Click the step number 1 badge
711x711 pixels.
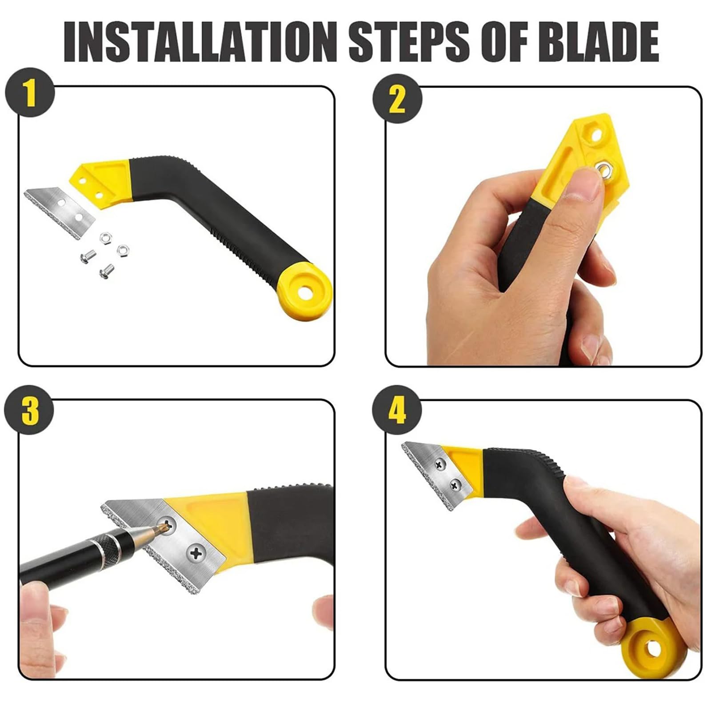click(x=30, y=92)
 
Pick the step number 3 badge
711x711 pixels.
click(x=30, y=411)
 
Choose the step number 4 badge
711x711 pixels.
click(x=397, y=411)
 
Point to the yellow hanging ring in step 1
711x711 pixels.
click(x=304, y=292)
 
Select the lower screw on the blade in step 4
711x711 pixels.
click(x=455, y=485)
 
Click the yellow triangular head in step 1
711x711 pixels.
click(x=100, y=180)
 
